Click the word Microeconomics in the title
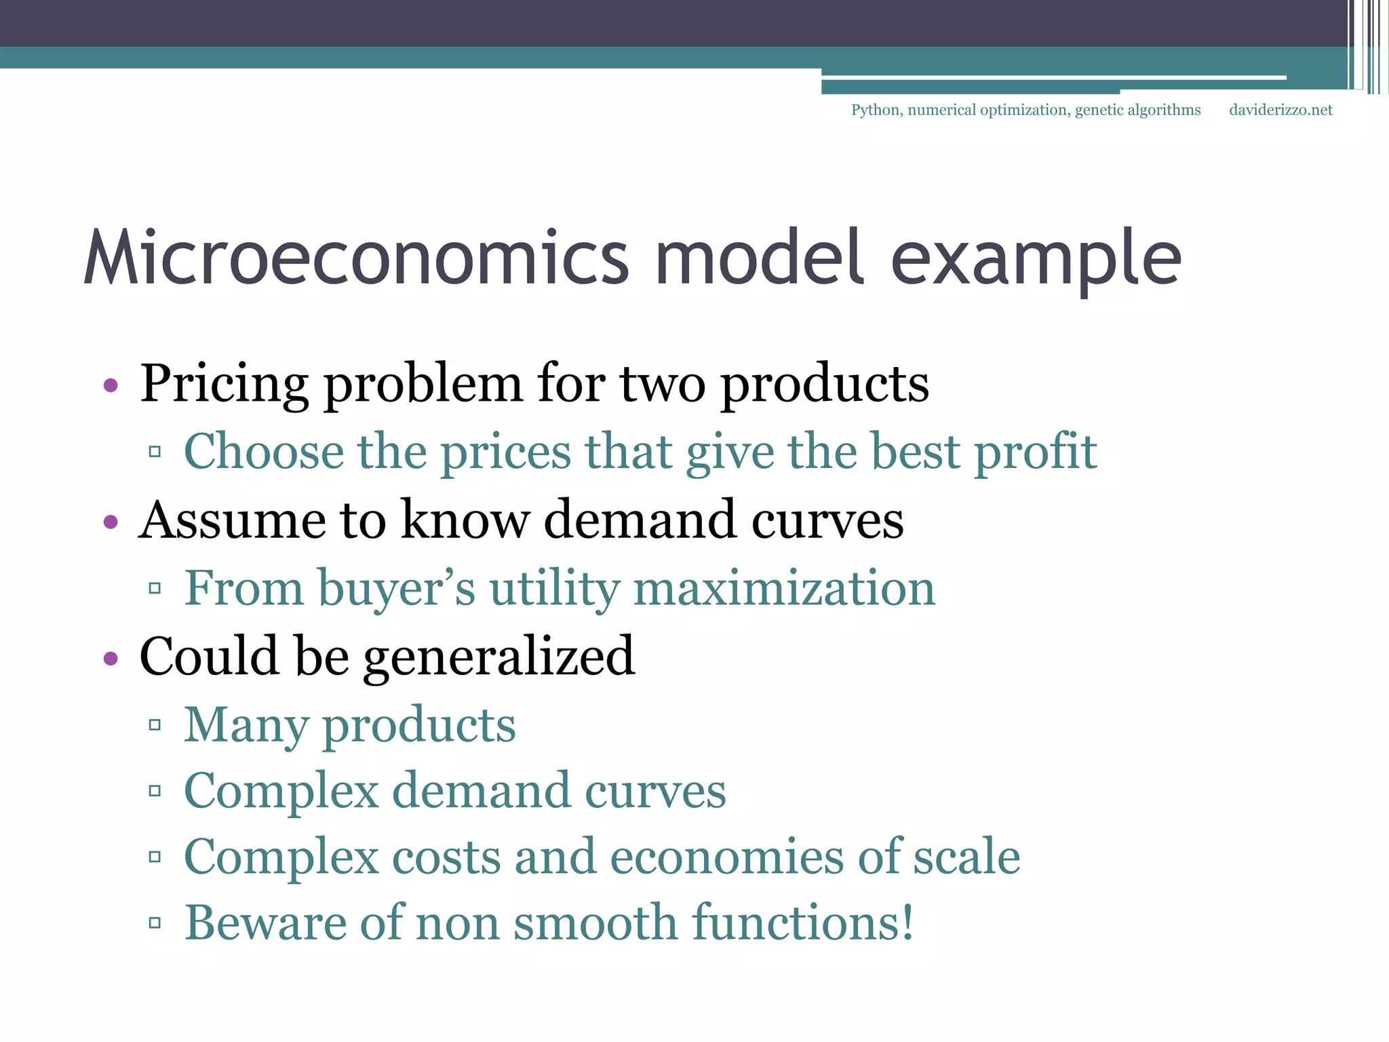point(357,258)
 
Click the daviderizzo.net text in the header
point(1280,110)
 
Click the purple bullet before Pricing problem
point(111,386)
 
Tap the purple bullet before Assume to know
point(111,522)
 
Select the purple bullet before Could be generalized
point(111,657)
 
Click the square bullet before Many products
point(155,725)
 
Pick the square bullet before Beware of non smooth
point(155,923)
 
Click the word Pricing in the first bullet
point(224,385)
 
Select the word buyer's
point(397,589)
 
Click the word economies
point(726,856)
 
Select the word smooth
point(595,923)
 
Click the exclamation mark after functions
point(907,923)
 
